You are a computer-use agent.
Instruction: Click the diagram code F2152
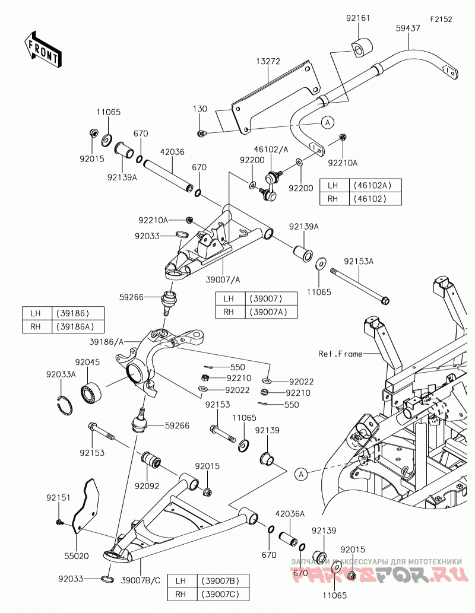tap(441, 19)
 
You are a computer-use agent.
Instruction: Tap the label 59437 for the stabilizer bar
tap(408, 28)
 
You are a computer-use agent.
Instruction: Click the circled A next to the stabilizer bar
tap(328, 122)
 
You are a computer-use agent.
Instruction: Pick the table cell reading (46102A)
tap(372, 185)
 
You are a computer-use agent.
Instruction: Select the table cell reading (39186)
tap(73, 313)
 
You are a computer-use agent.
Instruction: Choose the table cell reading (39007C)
tap(220, 594)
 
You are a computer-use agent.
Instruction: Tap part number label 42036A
tap(290, 514)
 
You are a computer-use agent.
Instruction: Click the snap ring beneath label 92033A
tap(64, 404)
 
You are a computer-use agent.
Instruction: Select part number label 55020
tap(77, 555)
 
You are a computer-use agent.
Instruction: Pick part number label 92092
tap(147, 486)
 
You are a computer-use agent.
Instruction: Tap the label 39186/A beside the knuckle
tap(106, 342)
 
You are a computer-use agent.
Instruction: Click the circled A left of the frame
tap(300, 474)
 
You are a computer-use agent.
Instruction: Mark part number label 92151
tap(58, 498)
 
